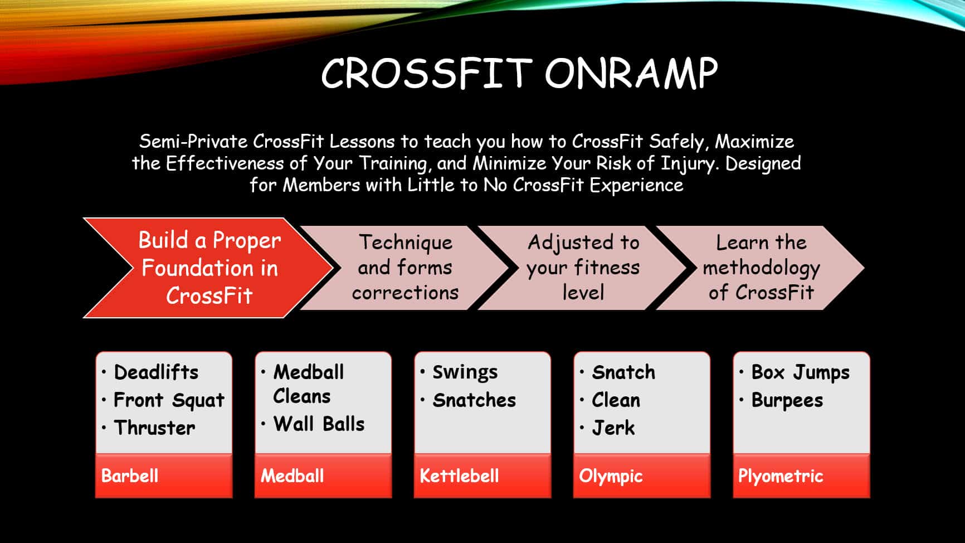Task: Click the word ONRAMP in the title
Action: (631, 73)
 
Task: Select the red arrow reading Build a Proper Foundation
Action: (208, 268)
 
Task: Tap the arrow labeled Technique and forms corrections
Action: (405, 268)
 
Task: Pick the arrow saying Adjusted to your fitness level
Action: (583, 268)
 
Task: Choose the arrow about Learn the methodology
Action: (761, 268)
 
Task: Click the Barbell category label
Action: (130, 476)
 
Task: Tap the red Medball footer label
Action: (292, 476)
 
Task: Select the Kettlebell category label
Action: (459, 476)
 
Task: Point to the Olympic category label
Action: (611, 476)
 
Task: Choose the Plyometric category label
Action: (781, 476)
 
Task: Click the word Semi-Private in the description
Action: (193, 141)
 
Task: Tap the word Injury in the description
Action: (689, 164)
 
